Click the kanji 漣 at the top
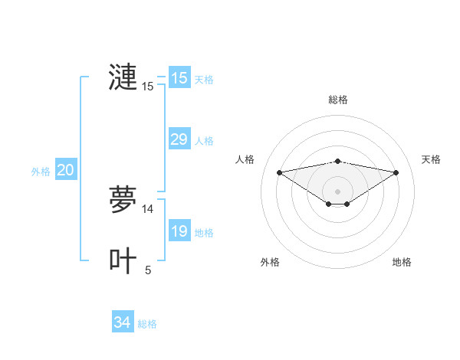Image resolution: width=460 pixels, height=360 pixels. [x=123, y=77]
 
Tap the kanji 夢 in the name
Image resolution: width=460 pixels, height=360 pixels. [x=123, y=199]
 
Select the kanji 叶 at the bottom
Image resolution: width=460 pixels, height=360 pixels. [x=123, y=260]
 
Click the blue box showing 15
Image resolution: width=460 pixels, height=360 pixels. [x=179, y=78]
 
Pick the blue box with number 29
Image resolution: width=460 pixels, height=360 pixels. [x=179, y=139]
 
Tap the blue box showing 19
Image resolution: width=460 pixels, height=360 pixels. [x=179, y=231]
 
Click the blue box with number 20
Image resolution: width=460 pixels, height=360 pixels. [x=65, y=170]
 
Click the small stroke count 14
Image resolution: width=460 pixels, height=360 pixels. [x=148, y=208]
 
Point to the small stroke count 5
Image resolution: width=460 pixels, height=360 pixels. [x=148, y=270]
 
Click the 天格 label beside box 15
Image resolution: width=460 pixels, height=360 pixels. [x=204, y=80]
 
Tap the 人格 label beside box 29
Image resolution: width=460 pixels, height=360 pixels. [x=204, y=141]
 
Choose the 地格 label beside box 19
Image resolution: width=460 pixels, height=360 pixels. [x=204, y=233]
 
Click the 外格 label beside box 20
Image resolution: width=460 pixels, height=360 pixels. [x=41, y=172]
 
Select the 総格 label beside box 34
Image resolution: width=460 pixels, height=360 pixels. [x=147, y=324]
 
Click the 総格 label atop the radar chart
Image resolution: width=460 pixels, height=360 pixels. [x=337, y=100]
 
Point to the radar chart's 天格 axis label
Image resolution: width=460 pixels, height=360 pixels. [x=431, y=159]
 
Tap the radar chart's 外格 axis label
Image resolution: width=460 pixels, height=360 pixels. [x=270, y=262]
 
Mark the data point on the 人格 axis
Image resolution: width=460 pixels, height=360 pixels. [x=279, y=172]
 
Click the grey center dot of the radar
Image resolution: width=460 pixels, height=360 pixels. [x=337, y=191]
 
